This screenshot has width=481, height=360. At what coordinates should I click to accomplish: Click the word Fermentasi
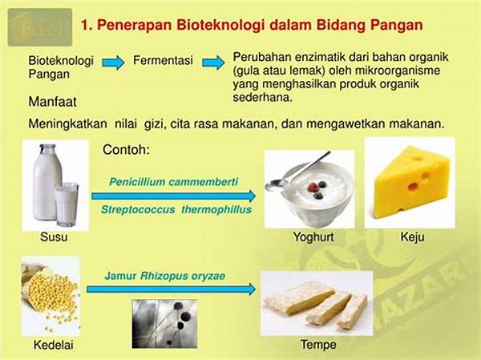[163, 60]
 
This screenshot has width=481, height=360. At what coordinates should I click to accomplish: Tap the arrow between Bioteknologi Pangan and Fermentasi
[113, 63]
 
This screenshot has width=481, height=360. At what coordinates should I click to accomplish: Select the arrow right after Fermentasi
[213, 63]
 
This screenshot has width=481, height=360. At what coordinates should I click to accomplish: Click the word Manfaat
[52, 102]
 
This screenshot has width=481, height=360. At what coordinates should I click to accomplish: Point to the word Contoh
[126, 150]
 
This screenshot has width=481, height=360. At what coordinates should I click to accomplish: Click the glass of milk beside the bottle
[67, 204]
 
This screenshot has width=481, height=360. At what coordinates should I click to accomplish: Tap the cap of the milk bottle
[47, 147]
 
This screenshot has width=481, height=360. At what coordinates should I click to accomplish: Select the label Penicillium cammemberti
[174, 182]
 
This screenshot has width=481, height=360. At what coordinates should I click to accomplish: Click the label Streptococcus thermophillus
[176, 209]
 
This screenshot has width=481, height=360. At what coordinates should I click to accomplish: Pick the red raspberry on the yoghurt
[313, 187]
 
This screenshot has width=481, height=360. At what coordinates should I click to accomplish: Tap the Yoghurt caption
[313, 237]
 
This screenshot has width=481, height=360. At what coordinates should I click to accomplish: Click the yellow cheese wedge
[412, 183]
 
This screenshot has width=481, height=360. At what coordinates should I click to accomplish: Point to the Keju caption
[412, 237]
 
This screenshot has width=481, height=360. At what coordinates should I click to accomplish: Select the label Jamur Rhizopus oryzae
[165, 276]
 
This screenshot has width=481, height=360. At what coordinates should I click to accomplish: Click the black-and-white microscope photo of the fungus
[164, 324]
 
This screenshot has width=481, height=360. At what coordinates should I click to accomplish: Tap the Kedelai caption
[54, 345]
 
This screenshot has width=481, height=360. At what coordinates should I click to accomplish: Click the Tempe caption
[318, 345]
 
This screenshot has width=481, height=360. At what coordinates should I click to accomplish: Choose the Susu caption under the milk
[54, 237]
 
